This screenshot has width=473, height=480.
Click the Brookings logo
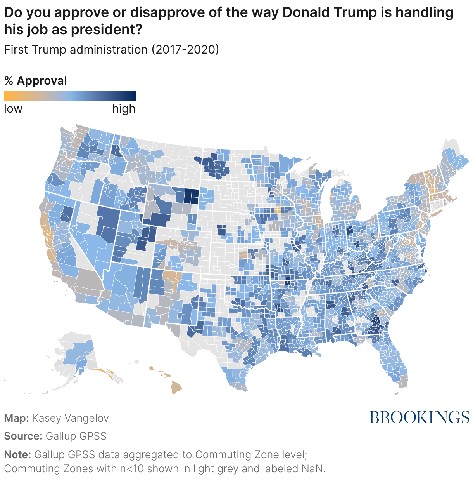[x=419, y=417]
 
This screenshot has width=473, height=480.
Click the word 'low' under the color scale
[x=13, y=109]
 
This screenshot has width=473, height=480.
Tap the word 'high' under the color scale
[x=124, y=109]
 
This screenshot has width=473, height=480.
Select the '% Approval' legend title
[x=36, y=81]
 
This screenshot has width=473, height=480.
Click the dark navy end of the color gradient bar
[x=133, y=96]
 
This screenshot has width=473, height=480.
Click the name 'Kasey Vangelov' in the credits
[x=70, y=418]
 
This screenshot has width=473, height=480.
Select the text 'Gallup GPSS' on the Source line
[x=76, y=436]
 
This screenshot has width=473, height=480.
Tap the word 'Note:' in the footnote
[x=17, y=454]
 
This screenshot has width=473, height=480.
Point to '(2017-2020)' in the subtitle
[x=185, y=50]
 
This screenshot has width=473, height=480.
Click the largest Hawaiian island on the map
[x=177, y=388]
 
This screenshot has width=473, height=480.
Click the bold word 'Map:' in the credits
[x=16, y=418]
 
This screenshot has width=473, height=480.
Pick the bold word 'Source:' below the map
[x=23, y=436]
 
